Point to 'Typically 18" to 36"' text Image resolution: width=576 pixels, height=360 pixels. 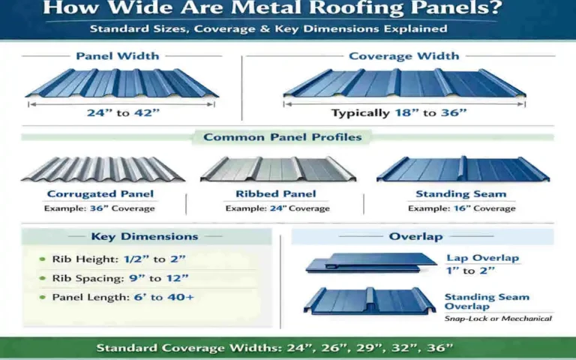click(399, 113)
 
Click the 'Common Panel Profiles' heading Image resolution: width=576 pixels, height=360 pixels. click(283, 137)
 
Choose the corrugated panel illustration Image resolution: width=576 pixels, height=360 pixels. click(103, 169)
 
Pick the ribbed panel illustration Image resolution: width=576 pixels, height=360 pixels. click(277, 169)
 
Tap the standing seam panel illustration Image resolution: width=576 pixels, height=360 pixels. click(463, 169)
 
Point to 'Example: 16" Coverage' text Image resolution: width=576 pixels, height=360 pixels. click(461, 208)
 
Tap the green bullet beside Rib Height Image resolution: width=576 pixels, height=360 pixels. click(42, 259)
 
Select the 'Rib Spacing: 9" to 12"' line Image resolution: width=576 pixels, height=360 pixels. click(120, 278)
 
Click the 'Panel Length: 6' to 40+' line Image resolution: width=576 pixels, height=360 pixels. click(123, 297)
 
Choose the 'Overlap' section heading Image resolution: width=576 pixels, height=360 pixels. click(415, 236)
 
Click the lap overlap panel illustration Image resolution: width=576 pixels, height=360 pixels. click(371, 262)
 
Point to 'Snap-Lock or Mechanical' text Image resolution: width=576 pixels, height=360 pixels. click(498, 318)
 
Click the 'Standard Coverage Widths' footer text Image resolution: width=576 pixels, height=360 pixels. click(274, 348)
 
